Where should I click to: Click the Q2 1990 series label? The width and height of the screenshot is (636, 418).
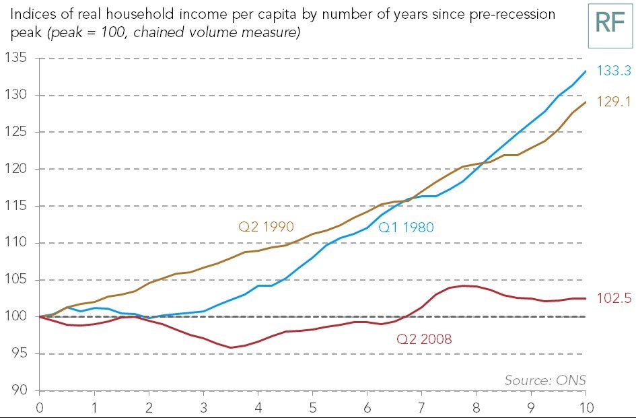[x=267, y=227]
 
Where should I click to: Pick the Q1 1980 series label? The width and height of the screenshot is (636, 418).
[x=406, y=228]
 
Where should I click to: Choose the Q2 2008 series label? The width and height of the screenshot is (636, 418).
[x=424, y=339]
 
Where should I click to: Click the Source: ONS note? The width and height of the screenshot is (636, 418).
[x=544, y=380]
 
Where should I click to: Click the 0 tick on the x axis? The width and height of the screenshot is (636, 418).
[x=40, y=407]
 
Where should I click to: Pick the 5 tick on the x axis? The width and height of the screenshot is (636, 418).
[x=313, y=407]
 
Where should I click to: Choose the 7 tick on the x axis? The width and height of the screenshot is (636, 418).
[x=422, y=407]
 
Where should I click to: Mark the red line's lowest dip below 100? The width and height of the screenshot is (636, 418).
[x=231, y=348]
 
